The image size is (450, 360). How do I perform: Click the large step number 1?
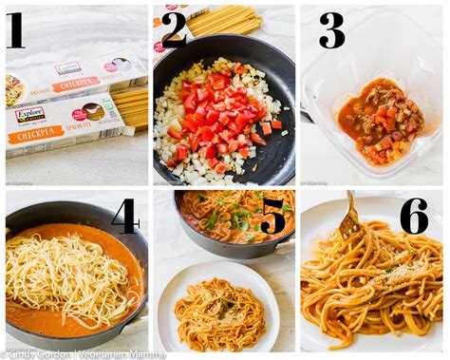tap(15, 30)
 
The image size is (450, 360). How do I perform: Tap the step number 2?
tap(173, 30)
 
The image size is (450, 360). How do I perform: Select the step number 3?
tap(330, 30)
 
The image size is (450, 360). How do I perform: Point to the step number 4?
tap(124, 217)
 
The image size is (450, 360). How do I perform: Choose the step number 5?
tap(273, 217)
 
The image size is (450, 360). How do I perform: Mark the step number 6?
tap(413, 217)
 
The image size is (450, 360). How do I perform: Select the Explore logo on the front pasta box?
tap(28, 114)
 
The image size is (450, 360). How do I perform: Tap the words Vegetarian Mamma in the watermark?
tap(114, 352)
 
